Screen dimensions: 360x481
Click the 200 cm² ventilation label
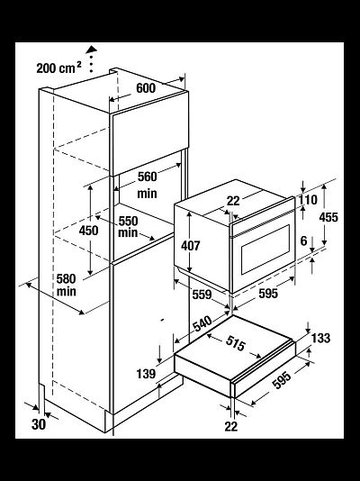(58, 68)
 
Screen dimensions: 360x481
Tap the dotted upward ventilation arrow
(91, 59)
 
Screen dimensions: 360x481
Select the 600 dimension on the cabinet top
(146, 88)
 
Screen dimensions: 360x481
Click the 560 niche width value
(147, 177)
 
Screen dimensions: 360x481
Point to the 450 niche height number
(88, 231)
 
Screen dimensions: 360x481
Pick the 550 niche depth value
(128, 221)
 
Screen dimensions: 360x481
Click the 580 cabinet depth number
(66, 279)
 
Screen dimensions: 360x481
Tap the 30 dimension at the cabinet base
(39, 424)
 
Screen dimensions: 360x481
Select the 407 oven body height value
(191, 245)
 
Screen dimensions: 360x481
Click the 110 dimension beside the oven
(308, 200)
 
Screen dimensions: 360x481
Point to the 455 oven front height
(328, 217)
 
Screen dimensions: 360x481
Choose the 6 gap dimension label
(303, 240)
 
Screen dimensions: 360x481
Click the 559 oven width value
(202, 295)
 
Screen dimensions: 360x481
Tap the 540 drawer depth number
(202, 324)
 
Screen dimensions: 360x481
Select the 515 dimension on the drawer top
(236, 343)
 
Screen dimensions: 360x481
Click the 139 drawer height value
(146, 374)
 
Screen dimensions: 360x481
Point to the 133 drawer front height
(320, 338)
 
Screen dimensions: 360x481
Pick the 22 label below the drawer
(231, 426)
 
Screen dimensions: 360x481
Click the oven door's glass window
(265, 250)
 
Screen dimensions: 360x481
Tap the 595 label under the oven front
(268, 294)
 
